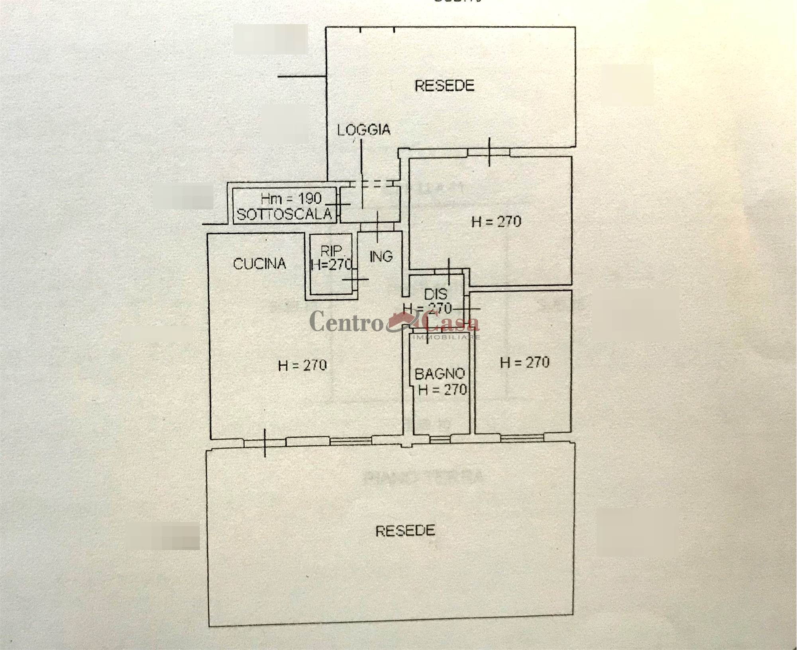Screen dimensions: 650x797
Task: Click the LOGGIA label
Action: [x=363, y=130]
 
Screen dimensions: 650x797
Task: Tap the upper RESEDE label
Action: [x=444, y=86]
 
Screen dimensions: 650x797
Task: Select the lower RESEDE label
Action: [x=405, y=530]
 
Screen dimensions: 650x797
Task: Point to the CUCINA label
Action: [x=259, y=264]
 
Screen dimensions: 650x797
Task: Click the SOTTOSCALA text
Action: [x=284, y=214]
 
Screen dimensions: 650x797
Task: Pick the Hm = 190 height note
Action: [x=291, y=198]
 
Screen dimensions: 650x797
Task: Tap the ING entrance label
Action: [x=381, y=256]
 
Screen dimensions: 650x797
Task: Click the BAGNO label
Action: [x=440, y=374]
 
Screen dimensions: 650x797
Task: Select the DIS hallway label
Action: [x=436, y=294]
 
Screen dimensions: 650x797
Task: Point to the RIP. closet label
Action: [x=331, y=251]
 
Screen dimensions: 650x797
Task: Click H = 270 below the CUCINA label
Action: [x=302, y=365]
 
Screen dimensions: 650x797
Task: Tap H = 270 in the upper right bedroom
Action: [x=496, y=221]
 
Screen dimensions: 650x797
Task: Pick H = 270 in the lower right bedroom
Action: [x=524, y=362]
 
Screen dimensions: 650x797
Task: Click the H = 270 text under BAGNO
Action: [x=442, y=389]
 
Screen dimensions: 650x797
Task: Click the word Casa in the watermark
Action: [x=452, y=322]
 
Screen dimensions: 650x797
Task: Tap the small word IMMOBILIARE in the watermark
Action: [x=447, y=337]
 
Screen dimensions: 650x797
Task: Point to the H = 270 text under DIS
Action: [x=427, y=308]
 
